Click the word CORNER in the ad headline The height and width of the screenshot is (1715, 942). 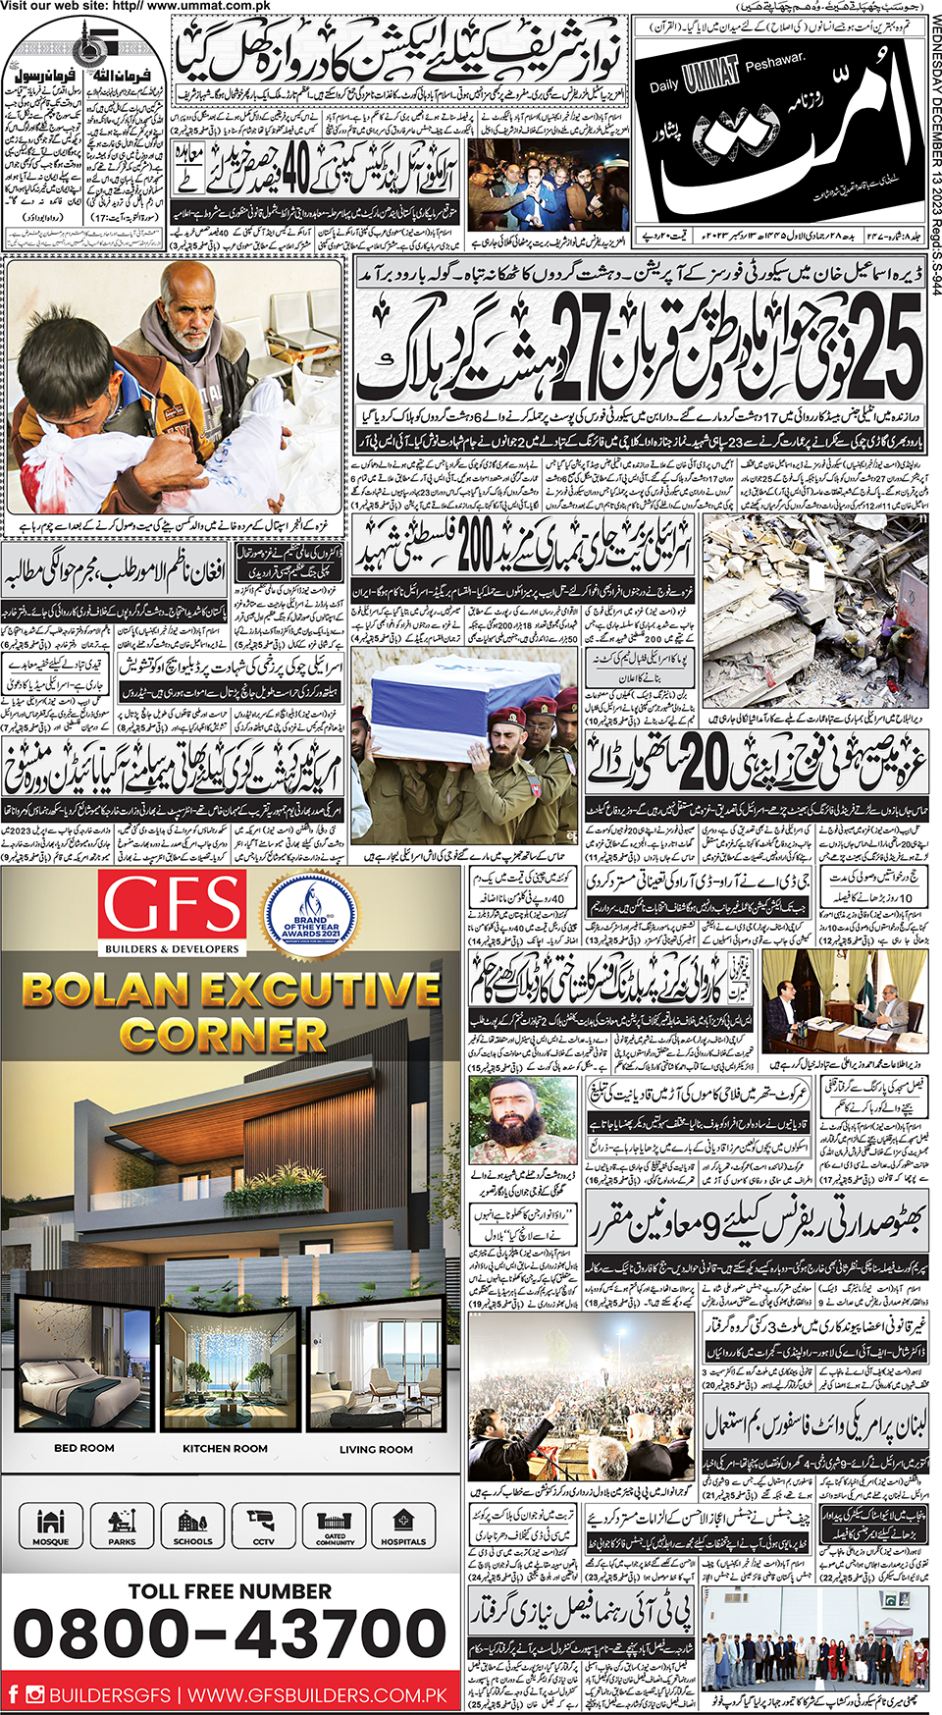point(223,1035)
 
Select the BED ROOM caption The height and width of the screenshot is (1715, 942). point(84,1448)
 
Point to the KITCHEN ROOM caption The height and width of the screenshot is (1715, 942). point(225,1448)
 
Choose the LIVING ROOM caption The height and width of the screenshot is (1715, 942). point(376,1448)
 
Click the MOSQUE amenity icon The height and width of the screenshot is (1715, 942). point(51,1525)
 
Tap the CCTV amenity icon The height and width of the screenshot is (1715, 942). point(263,1525)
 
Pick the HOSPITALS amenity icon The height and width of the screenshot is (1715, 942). point(403,1525)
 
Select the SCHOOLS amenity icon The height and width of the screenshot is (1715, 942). point(192,1525)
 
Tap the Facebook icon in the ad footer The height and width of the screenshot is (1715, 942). point(14,1694)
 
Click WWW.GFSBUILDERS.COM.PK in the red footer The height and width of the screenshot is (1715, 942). point(317,1695)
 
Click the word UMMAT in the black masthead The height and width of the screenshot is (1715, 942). point(710,78)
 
